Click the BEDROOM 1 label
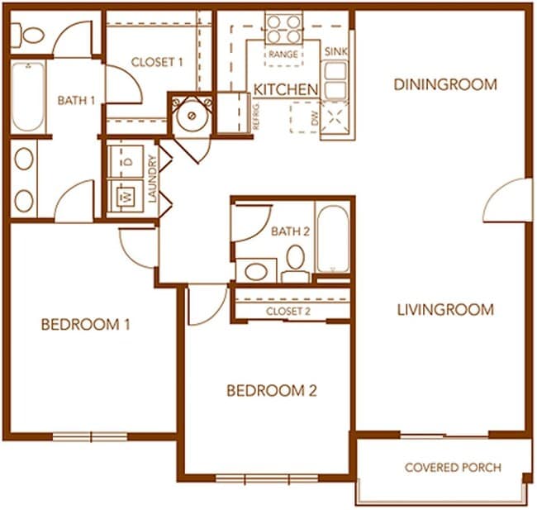[86, 324]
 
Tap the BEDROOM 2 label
[272, 390]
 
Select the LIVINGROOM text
[445, 310]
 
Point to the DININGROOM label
[445, 84]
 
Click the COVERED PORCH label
[453, 467]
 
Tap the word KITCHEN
[286, 88]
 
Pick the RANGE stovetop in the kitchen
[283, 29]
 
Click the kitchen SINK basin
[334, 79]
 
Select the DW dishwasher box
[306, 117]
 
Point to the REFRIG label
[256, 116]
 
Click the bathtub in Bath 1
[27, 97]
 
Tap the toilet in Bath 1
[31, 35]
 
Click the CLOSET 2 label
[288, 311]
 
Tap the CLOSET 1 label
[157, 61]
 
